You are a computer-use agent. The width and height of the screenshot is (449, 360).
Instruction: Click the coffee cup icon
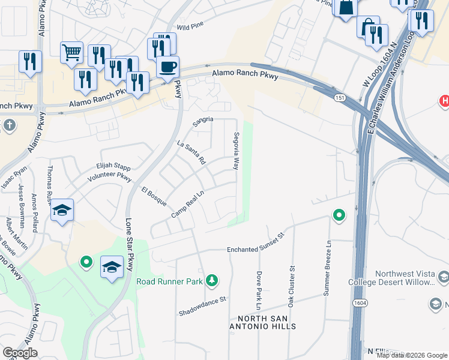tap(168, 66)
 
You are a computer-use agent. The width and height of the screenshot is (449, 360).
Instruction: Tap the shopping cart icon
tap(71, 52)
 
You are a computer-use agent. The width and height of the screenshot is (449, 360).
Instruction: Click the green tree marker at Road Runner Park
tap(211, 280)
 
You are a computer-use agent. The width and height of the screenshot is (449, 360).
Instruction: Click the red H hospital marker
tap(445, 101)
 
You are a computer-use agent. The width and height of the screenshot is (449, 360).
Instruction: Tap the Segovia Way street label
tap(237, 150)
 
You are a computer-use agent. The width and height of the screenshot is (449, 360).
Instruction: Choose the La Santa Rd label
tap(191, 152)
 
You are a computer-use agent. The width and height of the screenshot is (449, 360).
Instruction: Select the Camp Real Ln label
tap(188, 205)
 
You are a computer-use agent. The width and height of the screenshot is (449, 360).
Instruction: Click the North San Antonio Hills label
tap(267, 322)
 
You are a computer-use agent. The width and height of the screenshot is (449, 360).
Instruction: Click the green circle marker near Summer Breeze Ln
tap(339, 214)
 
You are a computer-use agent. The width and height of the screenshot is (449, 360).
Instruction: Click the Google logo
tap(20, 353)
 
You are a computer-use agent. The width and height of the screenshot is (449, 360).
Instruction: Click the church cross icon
tap(9, 125)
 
